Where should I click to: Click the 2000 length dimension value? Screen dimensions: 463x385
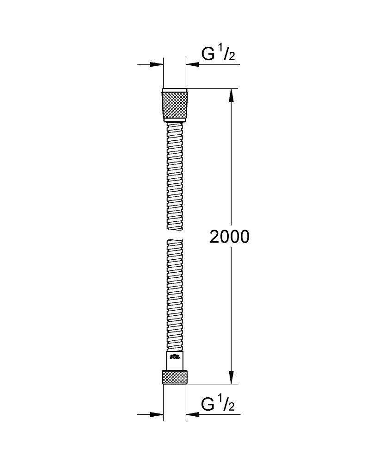(x=229, y=237)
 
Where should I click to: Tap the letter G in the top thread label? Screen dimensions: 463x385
(x=208, y=54)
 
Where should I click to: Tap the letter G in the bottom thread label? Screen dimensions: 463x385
(x=208, y=404)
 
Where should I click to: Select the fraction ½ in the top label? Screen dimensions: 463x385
(x=227, y=54)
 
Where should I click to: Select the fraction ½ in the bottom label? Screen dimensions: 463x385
(x=227, y=404)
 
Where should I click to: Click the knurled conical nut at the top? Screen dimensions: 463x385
(x=175, y=105)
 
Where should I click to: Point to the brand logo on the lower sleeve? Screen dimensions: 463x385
(x=174, y=357)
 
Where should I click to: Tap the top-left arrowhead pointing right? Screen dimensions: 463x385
(x=158, y=65)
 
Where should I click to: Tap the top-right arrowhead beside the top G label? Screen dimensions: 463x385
(x=192, y=65)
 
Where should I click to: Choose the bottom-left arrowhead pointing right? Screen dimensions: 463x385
(x=158, y=414)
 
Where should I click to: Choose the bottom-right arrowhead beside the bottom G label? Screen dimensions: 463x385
(x=192, y=414)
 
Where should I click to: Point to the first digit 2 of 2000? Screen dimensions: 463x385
(x=214, y=237)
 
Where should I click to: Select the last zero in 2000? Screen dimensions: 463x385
(x=244, y=237)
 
